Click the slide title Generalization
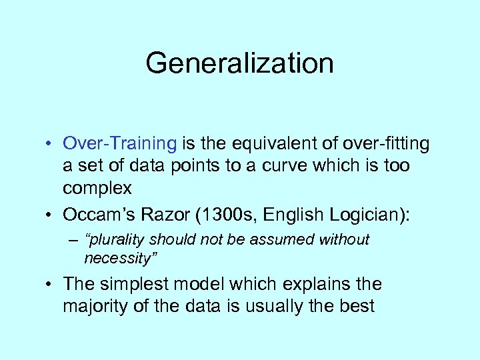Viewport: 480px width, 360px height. [239, 63]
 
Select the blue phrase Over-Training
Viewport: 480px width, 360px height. [120, 143]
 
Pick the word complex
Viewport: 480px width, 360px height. [97, 188]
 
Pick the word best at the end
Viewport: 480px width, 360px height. [356, 307]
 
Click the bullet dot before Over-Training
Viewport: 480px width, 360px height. [50, 144]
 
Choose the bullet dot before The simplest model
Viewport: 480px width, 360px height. [50, 285]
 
